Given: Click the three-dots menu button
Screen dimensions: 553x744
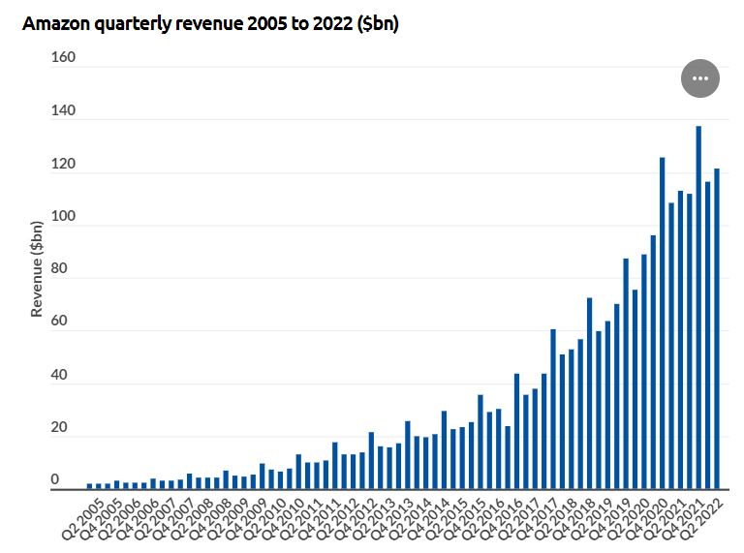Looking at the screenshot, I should [700, 78].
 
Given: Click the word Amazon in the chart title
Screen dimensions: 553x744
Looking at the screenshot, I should [56, 23].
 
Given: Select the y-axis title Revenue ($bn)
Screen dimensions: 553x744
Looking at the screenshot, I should [37, 269].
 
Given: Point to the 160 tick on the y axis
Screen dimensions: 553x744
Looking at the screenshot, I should [63, 57].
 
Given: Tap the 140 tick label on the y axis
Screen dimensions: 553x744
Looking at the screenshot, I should [63, 110].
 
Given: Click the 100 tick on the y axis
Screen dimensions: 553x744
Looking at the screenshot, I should [63, 216].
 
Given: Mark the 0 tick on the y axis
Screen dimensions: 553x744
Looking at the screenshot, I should [55, 479].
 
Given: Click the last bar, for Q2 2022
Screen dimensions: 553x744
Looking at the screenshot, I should [717, 328].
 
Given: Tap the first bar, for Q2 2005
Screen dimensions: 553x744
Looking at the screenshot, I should [90, 485].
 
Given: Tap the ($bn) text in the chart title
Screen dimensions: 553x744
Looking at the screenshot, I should [377, 23].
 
